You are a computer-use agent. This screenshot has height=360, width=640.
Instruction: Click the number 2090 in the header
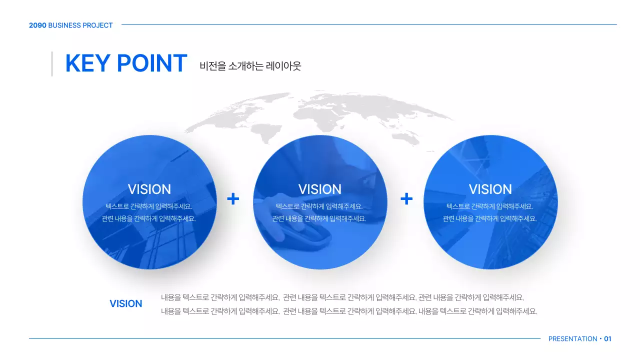tap(37, 25)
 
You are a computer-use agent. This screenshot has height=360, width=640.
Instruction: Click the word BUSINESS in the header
tap(64, 25)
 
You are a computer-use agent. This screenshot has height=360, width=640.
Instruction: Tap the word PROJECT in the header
tap(97, 25)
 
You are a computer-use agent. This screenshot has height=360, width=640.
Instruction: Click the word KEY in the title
tap(87, 63)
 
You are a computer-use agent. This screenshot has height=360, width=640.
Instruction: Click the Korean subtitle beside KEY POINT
tap(250, 65)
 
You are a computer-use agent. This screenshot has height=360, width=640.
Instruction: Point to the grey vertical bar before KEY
tap(52, 63)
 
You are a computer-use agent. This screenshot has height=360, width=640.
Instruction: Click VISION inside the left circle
tap(149, 189)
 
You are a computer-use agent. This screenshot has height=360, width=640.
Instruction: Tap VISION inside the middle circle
tap(320, 189)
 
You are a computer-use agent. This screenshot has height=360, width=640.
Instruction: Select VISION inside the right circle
tap(490, 189)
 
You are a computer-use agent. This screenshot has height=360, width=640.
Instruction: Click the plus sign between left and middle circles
tap(233, 199)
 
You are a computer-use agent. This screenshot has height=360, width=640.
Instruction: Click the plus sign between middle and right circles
tap(406, 199)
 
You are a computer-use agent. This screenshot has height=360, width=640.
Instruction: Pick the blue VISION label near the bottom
tap(125, 303)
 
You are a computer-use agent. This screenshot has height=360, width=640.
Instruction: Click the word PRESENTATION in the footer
tap(572, 339)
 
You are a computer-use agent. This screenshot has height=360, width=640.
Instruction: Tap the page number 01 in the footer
tap(607, 339)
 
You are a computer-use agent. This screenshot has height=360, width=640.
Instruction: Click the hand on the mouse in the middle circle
tap(300, 230)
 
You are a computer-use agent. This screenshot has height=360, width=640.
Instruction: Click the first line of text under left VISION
tap(149, 206)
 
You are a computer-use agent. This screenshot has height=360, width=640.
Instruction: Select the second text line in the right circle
tap(490, 218)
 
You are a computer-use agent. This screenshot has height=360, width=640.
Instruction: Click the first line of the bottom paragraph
tap(342, 297)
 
